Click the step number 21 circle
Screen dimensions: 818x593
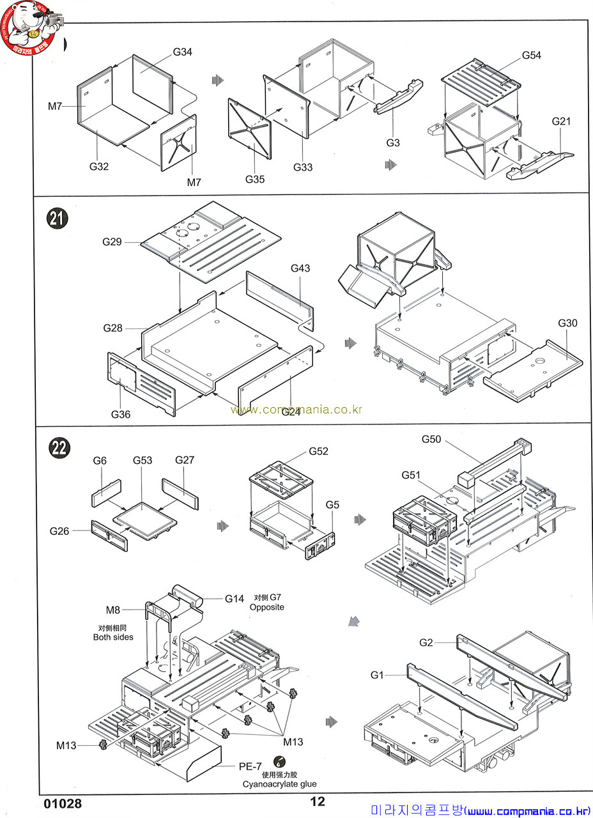(58, 219)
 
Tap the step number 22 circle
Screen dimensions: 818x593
(59, 447)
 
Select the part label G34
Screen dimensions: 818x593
(182, 52)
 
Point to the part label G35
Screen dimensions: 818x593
(254, 179)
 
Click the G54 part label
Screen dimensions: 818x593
(531, 55)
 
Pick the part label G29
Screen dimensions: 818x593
(112, 242)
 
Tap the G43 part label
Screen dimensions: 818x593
(300, 268)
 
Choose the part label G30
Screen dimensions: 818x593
(567, 323)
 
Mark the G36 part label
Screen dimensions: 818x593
(120, 414)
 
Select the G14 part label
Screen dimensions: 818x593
(235, 599)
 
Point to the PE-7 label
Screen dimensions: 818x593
(250, 766)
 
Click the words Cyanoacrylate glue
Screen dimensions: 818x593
(279, 784)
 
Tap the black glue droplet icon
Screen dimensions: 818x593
(279, 762)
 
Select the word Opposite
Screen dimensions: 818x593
(267, 607)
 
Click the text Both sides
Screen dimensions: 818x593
(113, 637)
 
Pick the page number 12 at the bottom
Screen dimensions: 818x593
(318, 802)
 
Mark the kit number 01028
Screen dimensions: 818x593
(63, 803)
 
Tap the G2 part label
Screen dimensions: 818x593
(427, 642)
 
